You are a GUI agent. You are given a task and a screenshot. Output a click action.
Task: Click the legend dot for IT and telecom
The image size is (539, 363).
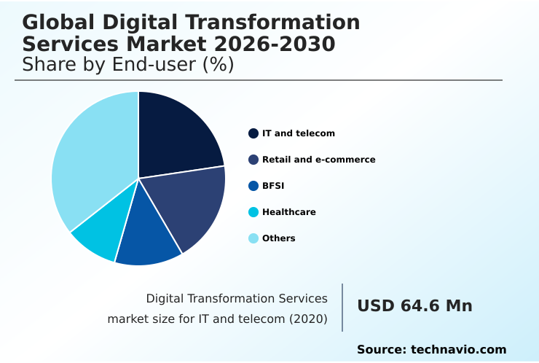[253, 133]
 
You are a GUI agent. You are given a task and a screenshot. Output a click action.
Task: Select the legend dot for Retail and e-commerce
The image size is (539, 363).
[253, 160]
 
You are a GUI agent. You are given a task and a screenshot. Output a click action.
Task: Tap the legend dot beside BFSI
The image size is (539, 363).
[253, 186]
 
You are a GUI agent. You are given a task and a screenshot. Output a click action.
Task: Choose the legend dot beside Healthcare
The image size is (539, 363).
[253, 212]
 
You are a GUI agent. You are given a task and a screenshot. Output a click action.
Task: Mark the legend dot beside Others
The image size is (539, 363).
[253, 238]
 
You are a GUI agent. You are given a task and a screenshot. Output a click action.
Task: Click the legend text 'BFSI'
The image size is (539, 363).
[273, 186]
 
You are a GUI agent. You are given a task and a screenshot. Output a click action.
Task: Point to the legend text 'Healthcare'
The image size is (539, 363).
[288, 212]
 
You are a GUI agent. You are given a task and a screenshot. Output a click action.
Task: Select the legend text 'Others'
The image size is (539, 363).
[278, 238]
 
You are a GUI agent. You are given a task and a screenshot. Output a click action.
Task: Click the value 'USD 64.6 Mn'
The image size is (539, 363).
[414, 306]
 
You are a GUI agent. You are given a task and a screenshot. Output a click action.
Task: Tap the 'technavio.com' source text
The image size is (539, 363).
[458, 350]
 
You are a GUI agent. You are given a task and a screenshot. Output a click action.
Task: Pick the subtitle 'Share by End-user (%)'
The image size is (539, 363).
[127, 65]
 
